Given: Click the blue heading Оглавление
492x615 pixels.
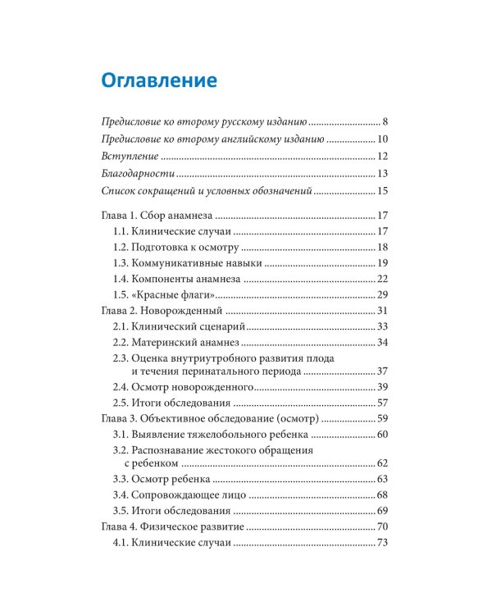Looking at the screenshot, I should point(158,81).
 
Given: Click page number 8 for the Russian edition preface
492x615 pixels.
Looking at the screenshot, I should point(384,121).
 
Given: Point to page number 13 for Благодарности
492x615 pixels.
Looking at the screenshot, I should point(382,174).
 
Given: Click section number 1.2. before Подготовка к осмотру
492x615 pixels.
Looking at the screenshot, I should point(121,247).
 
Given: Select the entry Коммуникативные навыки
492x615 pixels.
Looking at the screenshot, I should point(196,263).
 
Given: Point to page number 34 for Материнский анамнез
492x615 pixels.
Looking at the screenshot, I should point(382,342).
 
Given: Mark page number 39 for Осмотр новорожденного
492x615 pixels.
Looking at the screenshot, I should point(382,387).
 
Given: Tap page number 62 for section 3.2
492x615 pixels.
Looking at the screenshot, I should point(382,464).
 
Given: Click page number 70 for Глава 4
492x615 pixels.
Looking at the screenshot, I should point(382,526).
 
